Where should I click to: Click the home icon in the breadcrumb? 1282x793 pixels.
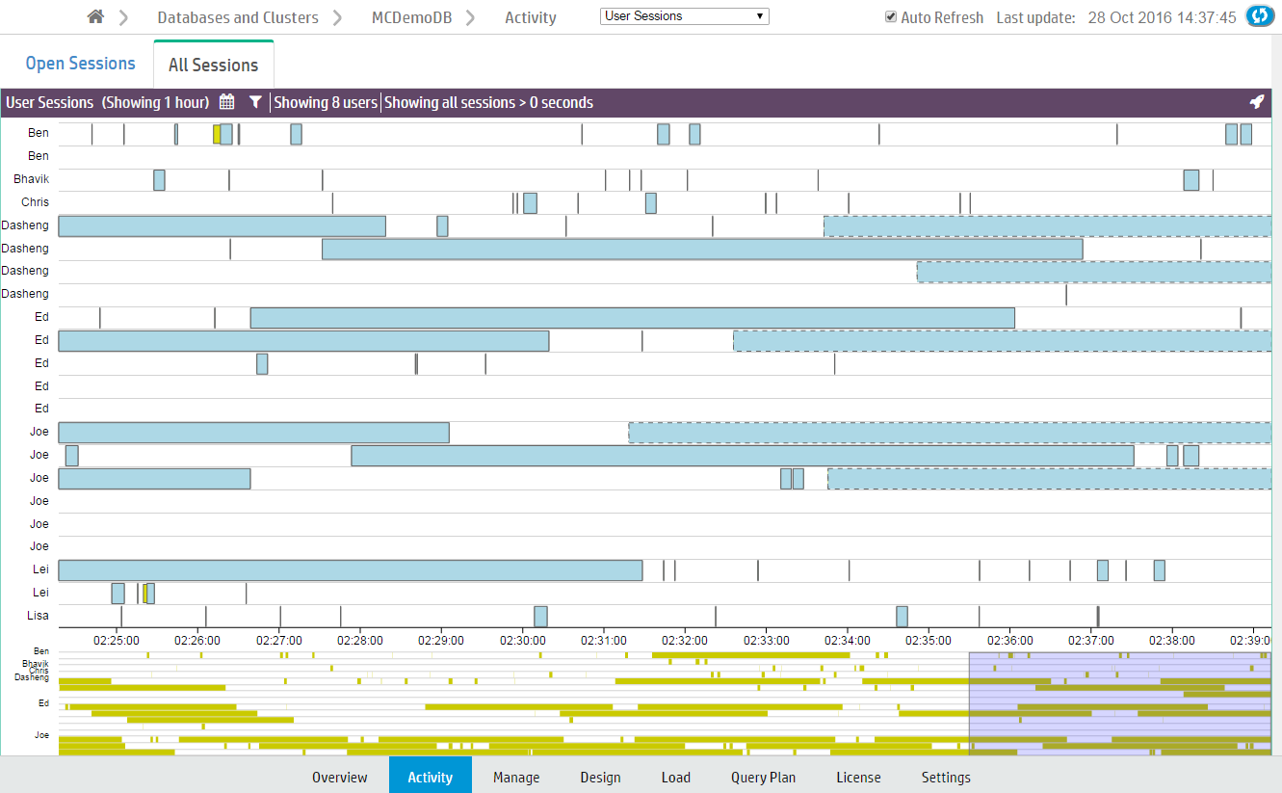pos(95,17)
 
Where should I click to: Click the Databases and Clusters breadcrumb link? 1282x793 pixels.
pos(238,17)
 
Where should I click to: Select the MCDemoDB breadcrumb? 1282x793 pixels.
pos(411,17)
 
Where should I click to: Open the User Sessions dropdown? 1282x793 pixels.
pos(684,16)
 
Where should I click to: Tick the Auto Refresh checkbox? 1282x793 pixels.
pos(891,17)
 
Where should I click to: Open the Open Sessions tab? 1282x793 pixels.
pos(80,64)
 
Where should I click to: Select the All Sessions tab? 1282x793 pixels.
pos(213,66)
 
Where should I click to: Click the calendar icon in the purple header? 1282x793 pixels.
pos(227,102)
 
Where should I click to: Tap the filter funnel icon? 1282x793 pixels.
pos(255,102)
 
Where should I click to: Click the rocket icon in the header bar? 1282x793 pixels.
pos(1256,102)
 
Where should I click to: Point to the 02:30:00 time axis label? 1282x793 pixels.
pos(523,639)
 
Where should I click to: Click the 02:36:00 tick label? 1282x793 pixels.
pos(1009,639)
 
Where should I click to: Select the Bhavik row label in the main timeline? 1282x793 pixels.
pos(31,179)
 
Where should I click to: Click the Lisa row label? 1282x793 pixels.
pos(39,616)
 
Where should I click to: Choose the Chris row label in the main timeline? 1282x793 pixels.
pos(35,202)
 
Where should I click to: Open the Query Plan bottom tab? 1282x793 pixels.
pos(763,777)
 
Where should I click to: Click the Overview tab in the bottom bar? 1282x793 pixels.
pos(339,777)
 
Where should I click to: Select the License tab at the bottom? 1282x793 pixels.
pos(858,777)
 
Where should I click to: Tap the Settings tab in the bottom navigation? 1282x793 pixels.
pos(946,777)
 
